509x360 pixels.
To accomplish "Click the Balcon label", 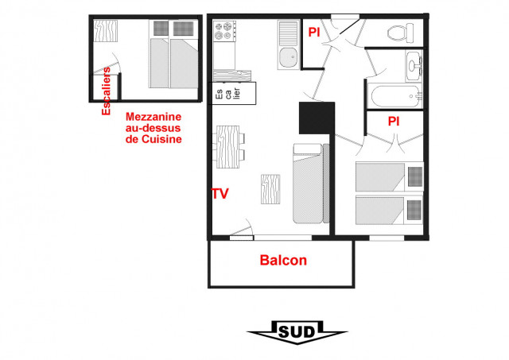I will (283, 260).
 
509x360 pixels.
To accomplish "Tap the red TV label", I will (220, 193).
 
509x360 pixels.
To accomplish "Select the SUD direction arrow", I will (297, 331).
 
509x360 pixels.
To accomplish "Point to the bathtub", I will (396, 98).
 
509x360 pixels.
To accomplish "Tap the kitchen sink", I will (287, 56).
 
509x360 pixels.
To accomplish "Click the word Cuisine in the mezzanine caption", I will (164, 139).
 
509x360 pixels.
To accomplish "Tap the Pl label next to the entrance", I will (314, 33).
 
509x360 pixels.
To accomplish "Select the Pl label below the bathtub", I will (393, 122).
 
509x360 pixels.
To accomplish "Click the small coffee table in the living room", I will (270, 188).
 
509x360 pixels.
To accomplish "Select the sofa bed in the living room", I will (309, 183).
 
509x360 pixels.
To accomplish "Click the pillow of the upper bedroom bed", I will (414, 175).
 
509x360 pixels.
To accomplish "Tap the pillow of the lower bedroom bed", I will (414, 209).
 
